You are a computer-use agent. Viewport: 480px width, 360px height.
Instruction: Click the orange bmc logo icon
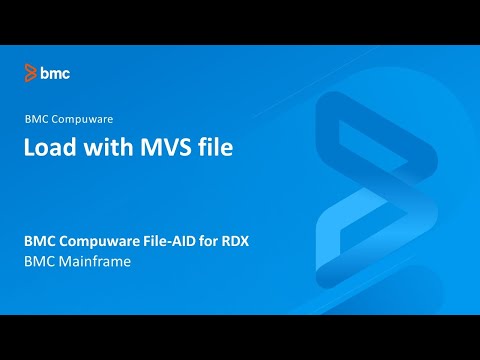pyautogui.click(x=31, y=72)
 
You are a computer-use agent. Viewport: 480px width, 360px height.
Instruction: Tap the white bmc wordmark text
pyautogui.click(x=55, y=72)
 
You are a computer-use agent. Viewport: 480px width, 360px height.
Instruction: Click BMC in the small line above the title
pyautogui.click(x=37, y=118)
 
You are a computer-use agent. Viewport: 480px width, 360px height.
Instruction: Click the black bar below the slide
pyautogui.click(x=240, y=337)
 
